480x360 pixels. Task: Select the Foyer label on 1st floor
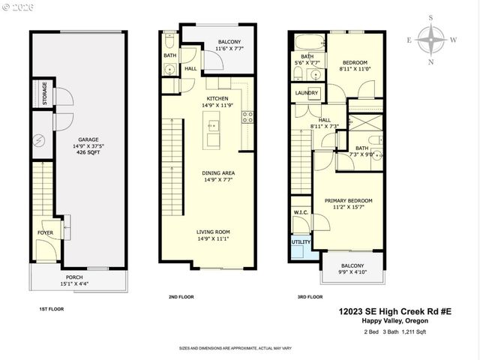click(x=46, y=232)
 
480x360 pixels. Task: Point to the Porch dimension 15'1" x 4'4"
click(x=75, y=283)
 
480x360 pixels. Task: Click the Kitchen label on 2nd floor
click(x=218, y=98)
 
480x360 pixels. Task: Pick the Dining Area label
click(x=218, y=172)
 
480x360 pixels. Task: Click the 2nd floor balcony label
click(x=229, y=42)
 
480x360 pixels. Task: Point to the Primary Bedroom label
click(x=348, y=201)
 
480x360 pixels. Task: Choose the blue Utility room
click(x=301, y=244)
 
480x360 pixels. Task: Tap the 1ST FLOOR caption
click(x=51, y=308)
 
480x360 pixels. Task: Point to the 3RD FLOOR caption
click(x=311, y=297)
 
